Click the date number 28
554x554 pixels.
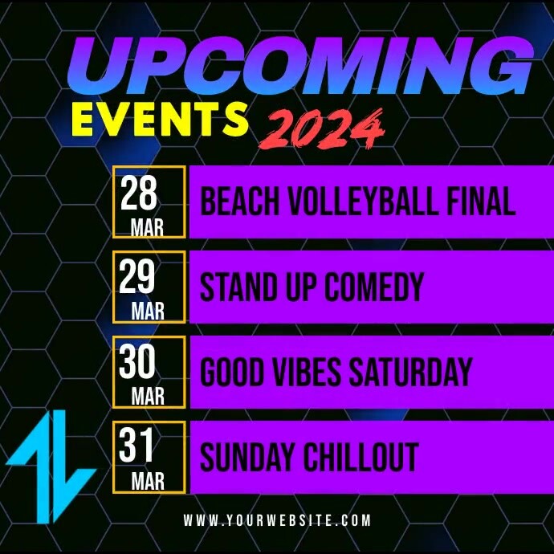[x=139, y=193]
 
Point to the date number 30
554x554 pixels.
[x=138, y=362]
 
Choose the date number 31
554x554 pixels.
[x=137, y=446]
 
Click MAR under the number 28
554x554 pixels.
[x=148, y=229]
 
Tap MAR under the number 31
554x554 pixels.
[x=148, y=482]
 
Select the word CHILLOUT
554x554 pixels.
[x=361, y=457]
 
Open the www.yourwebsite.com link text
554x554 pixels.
[x=277, y=520]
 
